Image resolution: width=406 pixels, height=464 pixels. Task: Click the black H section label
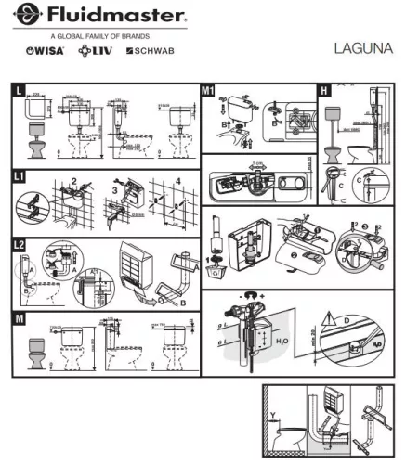pyautogui.click(x=323, y=90)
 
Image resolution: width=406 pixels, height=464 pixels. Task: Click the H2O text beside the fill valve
pyautogui.click(x=285, y=342)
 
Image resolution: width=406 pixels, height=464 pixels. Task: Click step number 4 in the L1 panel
pyautogui.click(x=177, y=180)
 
